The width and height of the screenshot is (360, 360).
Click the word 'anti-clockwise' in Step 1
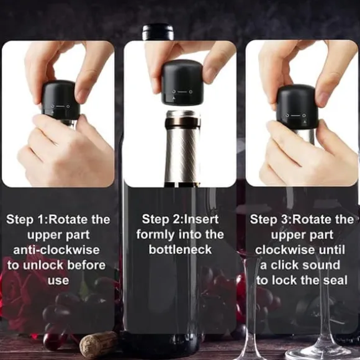coord(56,250)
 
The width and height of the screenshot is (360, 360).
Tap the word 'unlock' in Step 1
coord(43,265)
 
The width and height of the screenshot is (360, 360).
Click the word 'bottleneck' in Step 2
coord(180,250)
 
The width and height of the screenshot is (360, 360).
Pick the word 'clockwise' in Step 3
coord(285,250)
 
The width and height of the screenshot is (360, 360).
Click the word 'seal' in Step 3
coord(335,281)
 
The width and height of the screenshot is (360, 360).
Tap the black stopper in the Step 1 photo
coord(60,100)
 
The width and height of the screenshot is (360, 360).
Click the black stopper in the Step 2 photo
coord(182,82)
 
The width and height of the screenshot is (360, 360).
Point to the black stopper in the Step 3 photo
coord(297,107)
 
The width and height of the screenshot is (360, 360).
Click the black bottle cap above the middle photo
coord(158,32)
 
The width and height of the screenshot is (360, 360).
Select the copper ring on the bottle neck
coord(182,123)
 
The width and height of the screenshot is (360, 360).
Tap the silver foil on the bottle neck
coord(182,154)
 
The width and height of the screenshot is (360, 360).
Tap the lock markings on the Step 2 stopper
coord(182,93)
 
